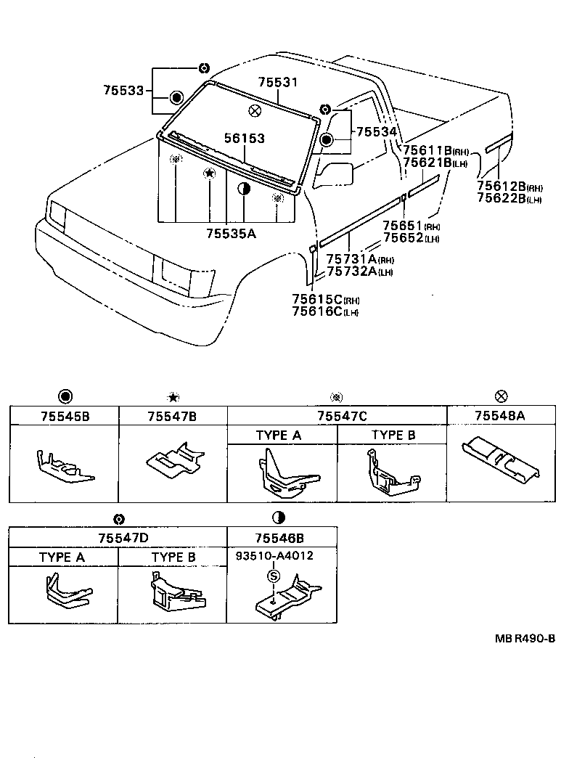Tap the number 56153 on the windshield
[244, 138]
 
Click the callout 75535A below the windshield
[231, 233]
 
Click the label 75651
[403, 226]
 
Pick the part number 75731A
[351, 259]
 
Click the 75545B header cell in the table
[64, 416]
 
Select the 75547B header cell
[173, 416]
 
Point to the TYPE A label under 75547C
[279, 435]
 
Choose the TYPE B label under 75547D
[173, 557]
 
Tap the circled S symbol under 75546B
[274, 576]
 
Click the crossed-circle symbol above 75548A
[501, 396]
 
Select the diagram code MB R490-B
[525, 638]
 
